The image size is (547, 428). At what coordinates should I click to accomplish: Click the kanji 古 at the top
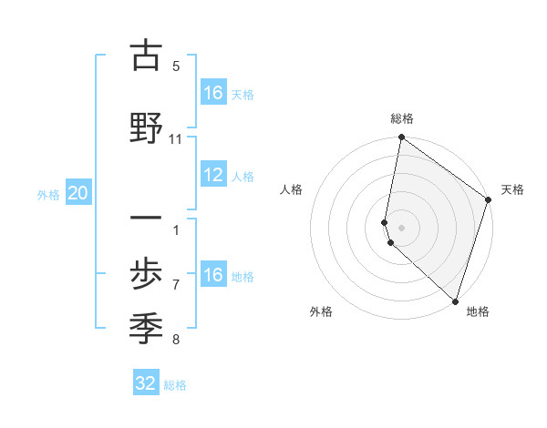click(145, 56)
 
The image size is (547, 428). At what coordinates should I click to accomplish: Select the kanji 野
click(145, 127)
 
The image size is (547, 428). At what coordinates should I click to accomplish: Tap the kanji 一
click(145, 219)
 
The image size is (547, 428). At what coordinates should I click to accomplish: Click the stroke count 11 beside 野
click(176, 139)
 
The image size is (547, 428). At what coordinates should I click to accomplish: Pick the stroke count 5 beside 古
click(176, 66)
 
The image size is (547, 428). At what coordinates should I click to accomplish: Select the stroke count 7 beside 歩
click(176, 285)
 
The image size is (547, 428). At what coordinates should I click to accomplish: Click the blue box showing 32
click(146, 383)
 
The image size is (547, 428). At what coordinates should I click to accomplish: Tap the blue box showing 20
click(78, 193)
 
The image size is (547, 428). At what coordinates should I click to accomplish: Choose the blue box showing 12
click(212, 176)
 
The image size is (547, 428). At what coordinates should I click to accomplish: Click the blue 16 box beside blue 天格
click(212, 93)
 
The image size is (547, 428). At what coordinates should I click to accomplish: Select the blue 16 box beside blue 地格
click(212, 275)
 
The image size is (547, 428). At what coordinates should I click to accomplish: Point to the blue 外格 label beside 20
click(48, 194)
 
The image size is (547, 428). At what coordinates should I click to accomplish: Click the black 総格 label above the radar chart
click(402, 118)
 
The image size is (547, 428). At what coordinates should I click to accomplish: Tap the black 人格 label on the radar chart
click(292, 189)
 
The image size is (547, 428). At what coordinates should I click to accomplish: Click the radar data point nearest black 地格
click(455, 301)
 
